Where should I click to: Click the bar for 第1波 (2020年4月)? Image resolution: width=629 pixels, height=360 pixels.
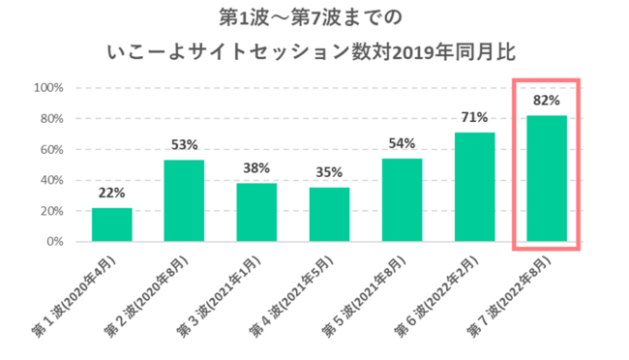pyautogui.click(x=111, y=225)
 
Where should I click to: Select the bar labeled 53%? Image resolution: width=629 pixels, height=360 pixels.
pyautogui.click(x=184, y=200)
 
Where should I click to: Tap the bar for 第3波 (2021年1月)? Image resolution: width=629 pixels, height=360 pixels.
pyautogui.click(x=256, y=212)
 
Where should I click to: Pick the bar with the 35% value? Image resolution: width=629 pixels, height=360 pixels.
pyautogui.click(x=329, y=214)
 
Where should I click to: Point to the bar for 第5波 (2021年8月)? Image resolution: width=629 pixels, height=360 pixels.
pyautogui.click(x=402, y=199)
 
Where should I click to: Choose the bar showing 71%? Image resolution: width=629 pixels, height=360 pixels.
pyautogui.click(x=474, y=187)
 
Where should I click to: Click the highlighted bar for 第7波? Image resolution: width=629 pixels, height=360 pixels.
pyautogui.click(x=547, y=178)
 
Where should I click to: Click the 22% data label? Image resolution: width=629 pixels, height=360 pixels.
pyautogui.click(x=111, y=193)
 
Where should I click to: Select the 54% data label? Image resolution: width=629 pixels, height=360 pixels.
pyautogui.click(x=402, y=143)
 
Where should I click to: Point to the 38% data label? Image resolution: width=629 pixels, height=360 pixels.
pyautogui.click(x=256, y=167)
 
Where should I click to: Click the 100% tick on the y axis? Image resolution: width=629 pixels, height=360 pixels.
pyautogui.click(x=48, y=88)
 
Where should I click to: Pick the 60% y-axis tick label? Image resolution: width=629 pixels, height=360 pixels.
pyautogui.click(x=51, y=149)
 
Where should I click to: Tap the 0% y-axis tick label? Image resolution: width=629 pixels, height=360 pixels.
pyautogui.click(x=55, y=242)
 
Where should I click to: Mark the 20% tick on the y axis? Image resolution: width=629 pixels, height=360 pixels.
pyautogui.click(x=51, y=211)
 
